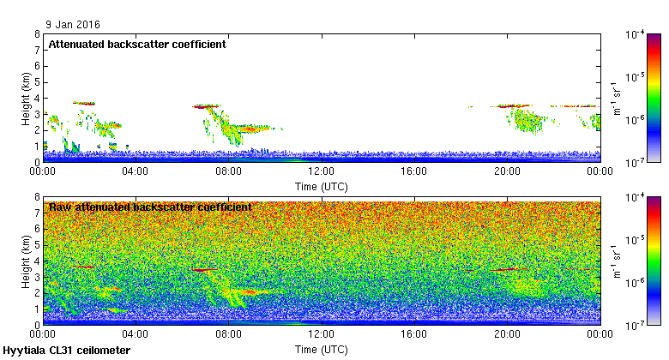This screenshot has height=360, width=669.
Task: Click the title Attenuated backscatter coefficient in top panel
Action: (x=137, y=44)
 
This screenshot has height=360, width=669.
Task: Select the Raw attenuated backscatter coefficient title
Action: (x=150, y=207)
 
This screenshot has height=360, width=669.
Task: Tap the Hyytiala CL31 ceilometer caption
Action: (x=67, y=351)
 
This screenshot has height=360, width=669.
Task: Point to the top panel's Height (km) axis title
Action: (x=26, y=98)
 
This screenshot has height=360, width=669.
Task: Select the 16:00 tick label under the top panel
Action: (x=414, y=171)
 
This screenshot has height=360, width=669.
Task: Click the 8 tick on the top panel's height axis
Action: (x=37, y=34)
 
